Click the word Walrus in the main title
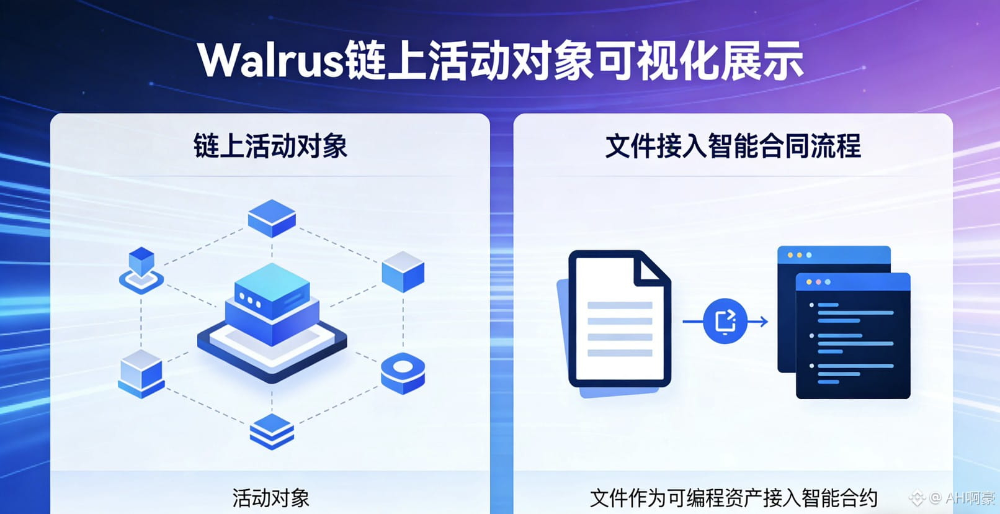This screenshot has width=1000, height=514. point(270,61)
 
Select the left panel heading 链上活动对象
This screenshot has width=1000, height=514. point(270,147)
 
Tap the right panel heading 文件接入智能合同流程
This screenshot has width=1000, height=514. point(733,147)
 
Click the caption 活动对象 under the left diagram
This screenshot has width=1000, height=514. point(270,498)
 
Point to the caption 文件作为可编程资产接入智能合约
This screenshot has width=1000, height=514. point(733,498)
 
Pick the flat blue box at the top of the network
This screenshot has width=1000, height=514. point(272,217)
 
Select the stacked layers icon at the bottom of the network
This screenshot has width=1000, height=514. point(272,431)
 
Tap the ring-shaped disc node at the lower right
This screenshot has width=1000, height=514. point(403,372)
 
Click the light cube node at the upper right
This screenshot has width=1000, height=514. point(403,271)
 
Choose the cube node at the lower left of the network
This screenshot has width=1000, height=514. point(141,373)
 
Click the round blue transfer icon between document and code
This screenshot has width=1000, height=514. point(725,321)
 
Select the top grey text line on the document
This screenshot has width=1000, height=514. point(619,305)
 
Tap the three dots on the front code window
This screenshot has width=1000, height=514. point(818,282)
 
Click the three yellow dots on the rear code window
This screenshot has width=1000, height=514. point(799,255)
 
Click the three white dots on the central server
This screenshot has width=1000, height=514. point(250,300)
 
